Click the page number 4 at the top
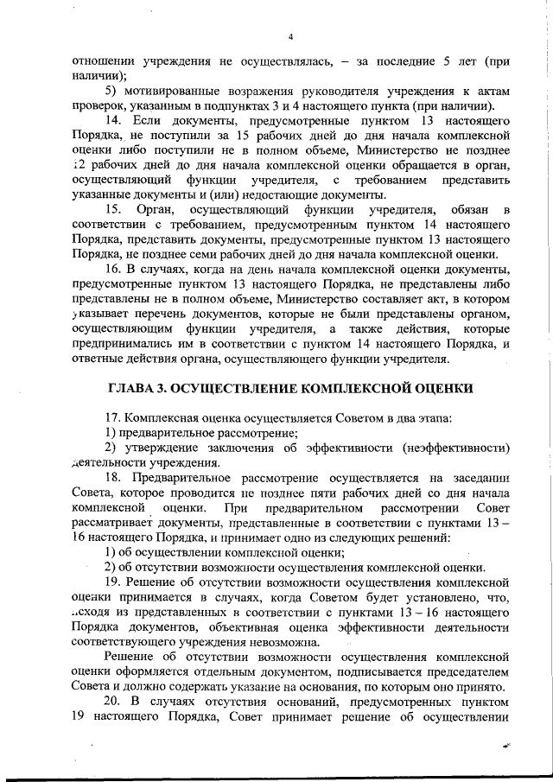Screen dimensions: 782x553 (290, 36)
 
